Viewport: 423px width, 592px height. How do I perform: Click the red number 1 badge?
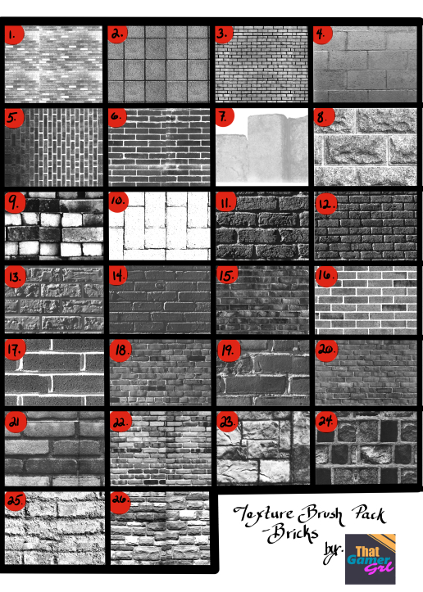click(13, 35)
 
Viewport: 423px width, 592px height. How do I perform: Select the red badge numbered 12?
click(325, 202)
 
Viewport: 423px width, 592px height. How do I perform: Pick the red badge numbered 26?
click(120, 500)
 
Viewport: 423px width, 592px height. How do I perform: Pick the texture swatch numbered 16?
click(362, 296)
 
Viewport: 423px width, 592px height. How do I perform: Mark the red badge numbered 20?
click(325, 350)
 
